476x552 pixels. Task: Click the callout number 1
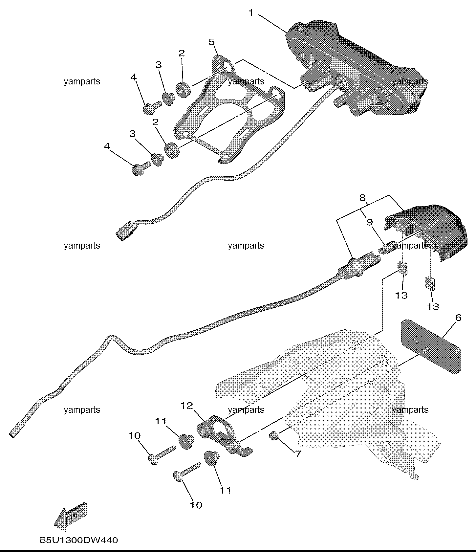click(251, 13)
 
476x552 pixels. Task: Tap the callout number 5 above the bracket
click(211, 42)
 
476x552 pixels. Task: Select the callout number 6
click(458, 318)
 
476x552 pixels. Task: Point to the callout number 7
click(298, 454)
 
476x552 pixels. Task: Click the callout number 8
click(362, 198)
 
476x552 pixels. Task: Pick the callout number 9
click(370, 222)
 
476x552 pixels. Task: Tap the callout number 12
click(186, 406)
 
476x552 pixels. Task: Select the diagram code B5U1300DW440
click(78, 540)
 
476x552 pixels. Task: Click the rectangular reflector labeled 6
click(431, 347)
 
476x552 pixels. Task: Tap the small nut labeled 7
click(273, 436)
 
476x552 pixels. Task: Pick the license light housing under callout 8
click(425, 232)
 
